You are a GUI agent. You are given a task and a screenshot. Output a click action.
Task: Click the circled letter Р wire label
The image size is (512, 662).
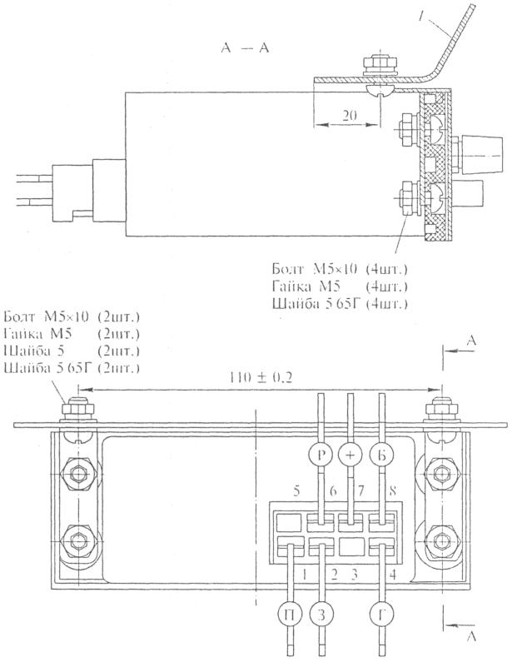[x=321, y=455]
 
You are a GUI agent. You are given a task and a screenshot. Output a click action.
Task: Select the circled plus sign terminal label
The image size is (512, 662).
[x=350, y=455]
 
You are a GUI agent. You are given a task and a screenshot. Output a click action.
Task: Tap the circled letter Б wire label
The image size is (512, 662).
[x=381, y=455]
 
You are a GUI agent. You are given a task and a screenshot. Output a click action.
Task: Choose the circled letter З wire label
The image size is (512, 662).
[x=321, y=617]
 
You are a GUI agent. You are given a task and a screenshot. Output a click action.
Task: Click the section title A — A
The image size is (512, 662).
[x=245, y=49]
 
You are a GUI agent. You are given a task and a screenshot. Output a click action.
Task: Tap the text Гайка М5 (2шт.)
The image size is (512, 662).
[x=72, y=335]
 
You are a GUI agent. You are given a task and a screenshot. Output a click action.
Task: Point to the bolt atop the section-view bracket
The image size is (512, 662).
[x=369, y=64]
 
